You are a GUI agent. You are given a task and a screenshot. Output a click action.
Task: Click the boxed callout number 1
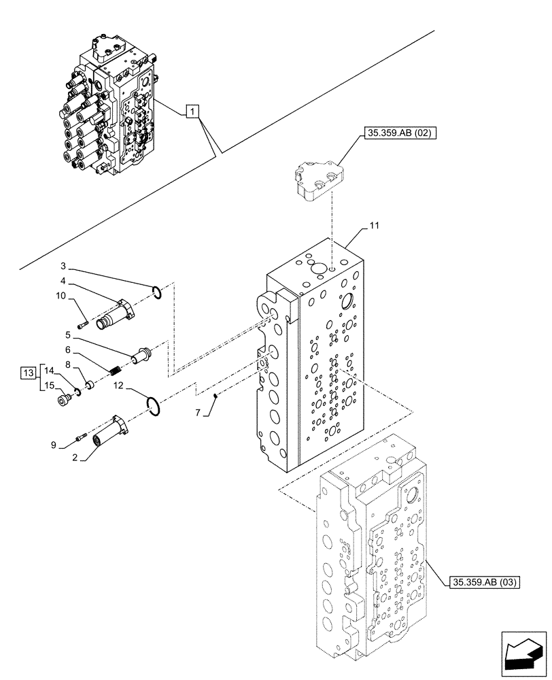[192, 112]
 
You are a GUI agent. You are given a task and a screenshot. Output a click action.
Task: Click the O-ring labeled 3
[156, 292]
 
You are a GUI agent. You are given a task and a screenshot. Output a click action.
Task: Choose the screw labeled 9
[82, 437]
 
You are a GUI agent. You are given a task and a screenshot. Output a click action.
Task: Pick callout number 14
[48, 370]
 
